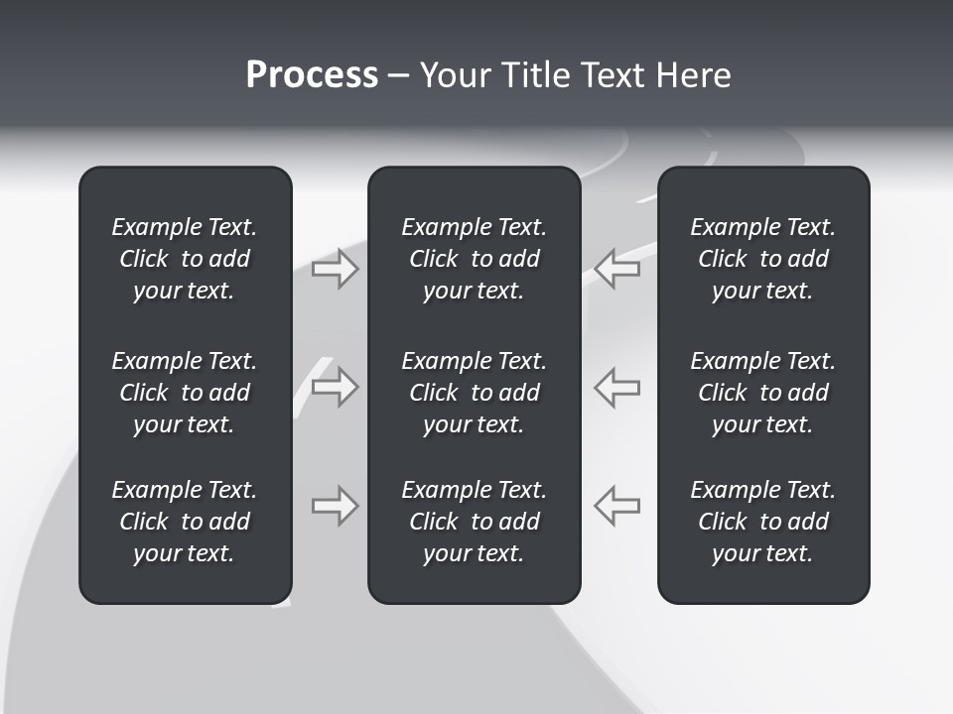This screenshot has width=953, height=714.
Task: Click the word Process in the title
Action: pos(312,75)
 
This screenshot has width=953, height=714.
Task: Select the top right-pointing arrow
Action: pos(336,269)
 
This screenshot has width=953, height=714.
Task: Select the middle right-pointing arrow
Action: pos(336,387)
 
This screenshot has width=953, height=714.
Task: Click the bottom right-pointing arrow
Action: pos(336,506)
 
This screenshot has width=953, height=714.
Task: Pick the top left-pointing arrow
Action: pos(616,269)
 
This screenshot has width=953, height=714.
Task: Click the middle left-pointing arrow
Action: pos(616,387)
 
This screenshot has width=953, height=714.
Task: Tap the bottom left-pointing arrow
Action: pos(616,506)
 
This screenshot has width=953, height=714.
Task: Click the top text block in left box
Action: pos(185,259)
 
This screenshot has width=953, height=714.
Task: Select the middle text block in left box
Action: pos(185,393)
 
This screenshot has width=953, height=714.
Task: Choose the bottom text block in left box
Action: pos(185,522)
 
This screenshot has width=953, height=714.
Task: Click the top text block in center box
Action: pos(474,259)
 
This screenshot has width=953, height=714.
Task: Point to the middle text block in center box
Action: pos(474,393)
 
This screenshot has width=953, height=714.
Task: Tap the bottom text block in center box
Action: pos(474,522)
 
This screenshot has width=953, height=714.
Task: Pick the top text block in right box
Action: pos(762,259)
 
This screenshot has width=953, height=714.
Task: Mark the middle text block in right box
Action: pos(762,393)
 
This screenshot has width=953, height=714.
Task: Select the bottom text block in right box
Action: pos(762,522)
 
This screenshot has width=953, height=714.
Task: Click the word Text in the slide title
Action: pos(610,75)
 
